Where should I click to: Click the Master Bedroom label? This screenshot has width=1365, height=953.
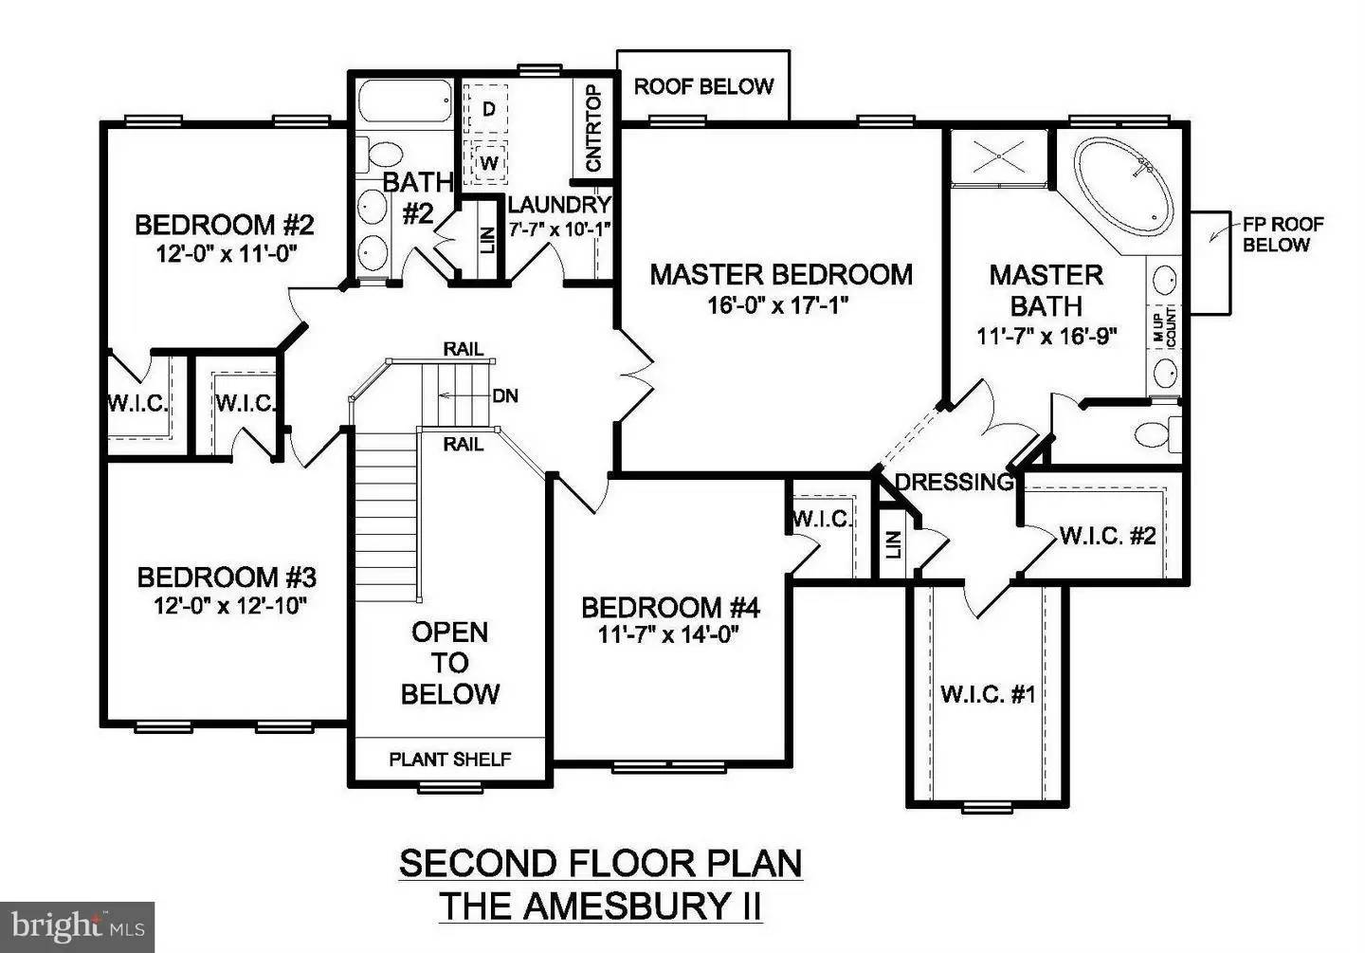[781, 275]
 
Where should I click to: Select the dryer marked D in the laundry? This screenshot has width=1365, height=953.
[488, 109]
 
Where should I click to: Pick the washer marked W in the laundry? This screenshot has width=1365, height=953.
[488, 162]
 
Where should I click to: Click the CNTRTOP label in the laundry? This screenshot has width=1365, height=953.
[594, 129]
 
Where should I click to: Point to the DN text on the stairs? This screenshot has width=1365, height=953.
[505, 395]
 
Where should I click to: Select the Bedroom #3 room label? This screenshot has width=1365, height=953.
[227, 577]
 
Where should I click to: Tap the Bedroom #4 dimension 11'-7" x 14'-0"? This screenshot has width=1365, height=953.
[669, 634]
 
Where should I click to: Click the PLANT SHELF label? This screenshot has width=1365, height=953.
[450, 760]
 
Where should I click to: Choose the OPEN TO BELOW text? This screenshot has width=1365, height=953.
[450, 663]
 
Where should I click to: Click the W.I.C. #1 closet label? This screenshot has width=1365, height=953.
[988, 694]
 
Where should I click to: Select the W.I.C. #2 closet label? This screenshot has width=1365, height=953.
[1107, 536]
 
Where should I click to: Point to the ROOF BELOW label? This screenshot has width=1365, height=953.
[703, 86]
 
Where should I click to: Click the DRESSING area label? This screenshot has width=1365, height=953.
[954, 482]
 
